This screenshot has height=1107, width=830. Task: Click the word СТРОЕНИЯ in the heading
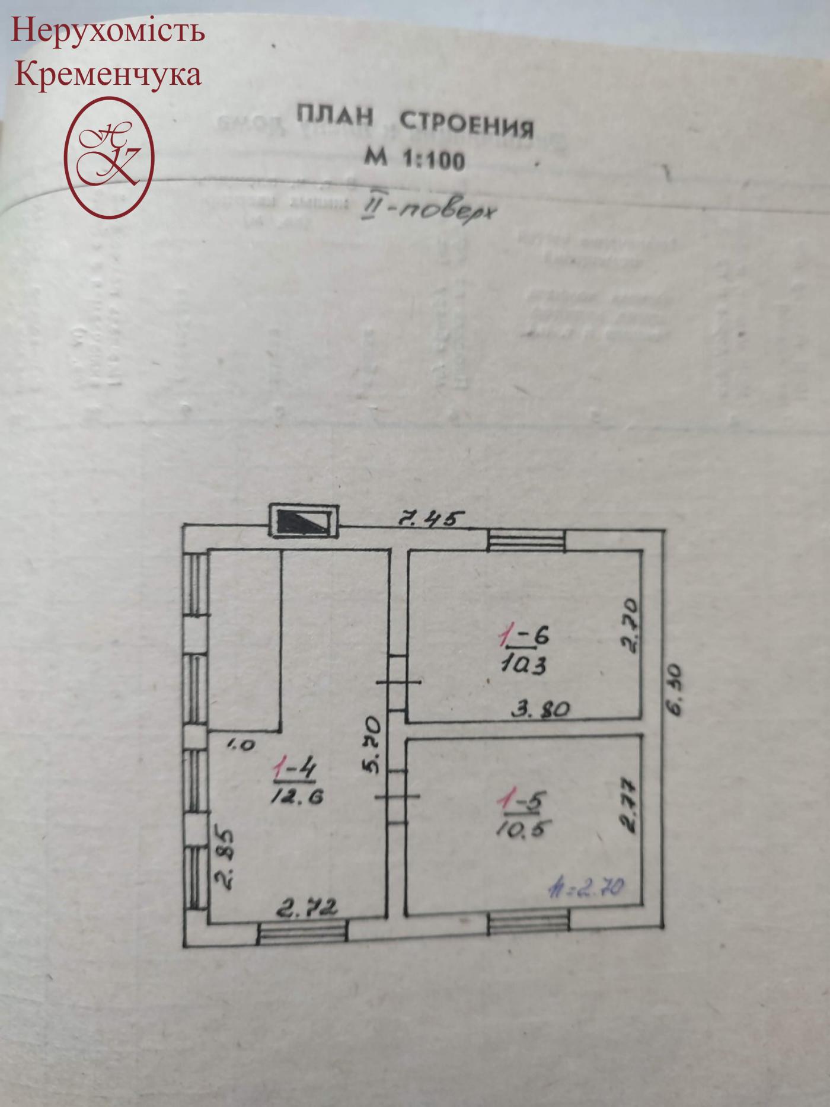point(467,126)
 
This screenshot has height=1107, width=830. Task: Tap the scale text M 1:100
point(414,158)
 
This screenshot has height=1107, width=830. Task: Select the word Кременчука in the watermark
point(107,75)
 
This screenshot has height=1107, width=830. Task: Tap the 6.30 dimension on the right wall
point(675,691)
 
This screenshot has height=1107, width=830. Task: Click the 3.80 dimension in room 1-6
point(540,708)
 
